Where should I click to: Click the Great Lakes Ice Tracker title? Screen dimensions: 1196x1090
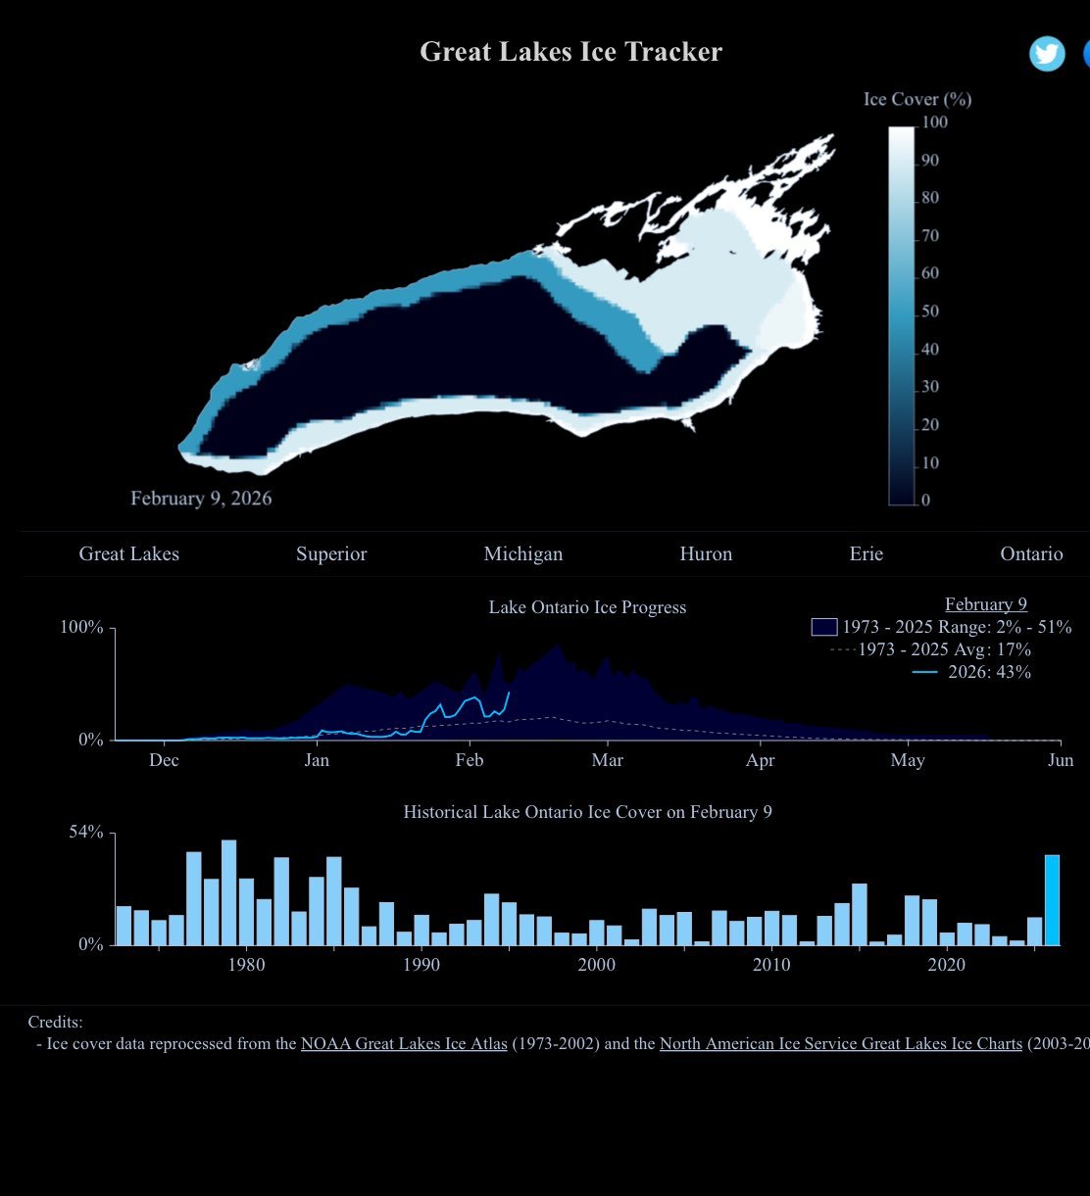(x=570, y=52)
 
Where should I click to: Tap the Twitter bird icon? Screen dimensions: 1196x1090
(x=1047, y=54)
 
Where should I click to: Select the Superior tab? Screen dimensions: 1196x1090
(x=331, y=554)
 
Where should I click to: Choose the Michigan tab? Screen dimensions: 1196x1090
(x=523, y=554)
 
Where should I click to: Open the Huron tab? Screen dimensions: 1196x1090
(x=706, y=554)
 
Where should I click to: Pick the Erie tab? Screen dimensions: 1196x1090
(x=867, y=554)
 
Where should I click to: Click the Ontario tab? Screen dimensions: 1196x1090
(x=1031, y=554)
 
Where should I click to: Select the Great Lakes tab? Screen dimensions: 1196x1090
(x=129, y=554)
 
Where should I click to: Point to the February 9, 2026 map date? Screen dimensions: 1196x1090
(x=201, y=499)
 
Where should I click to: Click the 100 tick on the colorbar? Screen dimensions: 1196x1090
(x=934, y=122)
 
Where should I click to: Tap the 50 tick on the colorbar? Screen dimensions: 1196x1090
(x=929, y=311)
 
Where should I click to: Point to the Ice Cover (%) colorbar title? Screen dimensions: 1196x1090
(x=917, y=99)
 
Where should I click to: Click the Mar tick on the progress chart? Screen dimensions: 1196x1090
(x=608, y=760)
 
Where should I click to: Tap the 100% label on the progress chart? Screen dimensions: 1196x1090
(x=81, y=628)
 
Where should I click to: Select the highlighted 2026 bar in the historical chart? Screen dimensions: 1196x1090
(x=1052, y=900)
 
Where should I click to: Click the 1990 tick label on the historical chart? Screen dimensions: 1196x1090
(x=421, y=965)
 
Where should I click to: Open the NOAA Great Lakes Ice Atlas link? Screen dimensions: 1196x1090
(x=404, y=1044)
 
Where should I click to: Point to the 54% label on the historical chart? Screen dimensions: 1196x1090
(x=86, y=833)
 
